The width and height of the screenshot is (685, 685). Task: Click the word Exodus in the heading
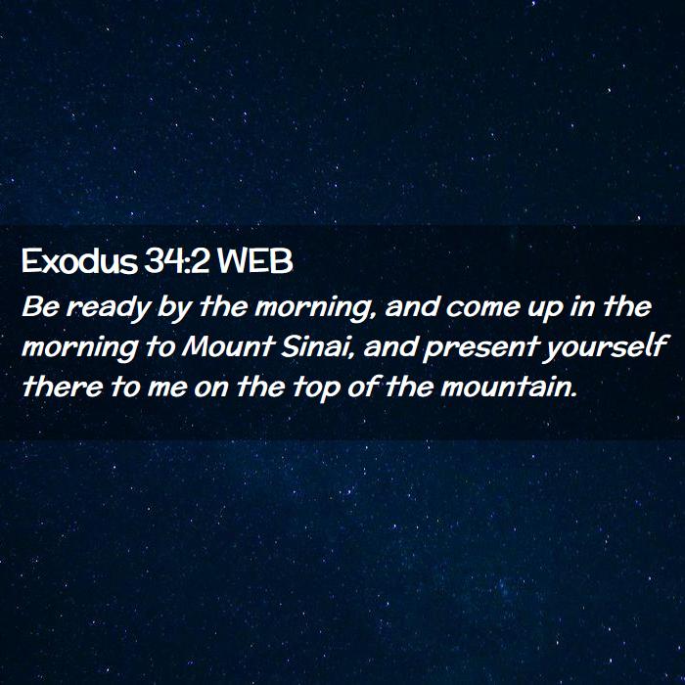(x=79, y=261)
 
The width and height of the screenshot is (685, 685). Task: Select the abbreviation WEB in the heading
(x=255, y=261)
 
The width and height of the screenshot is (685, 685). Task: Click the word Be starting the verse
(x=40, y=306)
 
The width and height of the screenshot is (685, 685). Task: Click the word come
(x=482, y=307)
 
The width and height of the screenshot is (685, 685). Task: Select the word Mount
(x=228, y=346)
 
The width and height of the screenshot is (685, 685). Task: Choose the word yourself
(x=605, y=348)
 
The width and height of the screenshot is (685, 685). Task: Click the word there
(x=62, y=387)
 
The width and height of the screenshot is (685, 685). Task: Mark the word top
(x=316, y=388)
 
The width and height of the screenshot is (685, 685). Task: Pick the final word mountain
(x=509, y=387)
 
